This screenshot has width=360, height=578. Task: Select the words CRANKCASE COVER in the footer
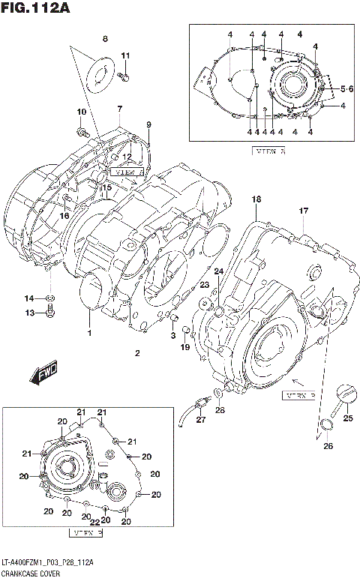tap(33, 572)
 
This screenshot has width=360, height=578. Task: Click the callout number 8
tap(105, 38)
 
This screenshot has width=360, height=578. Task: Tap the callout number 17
tap(304, 211)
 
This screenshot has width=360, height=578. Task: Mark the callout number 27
tap(200, 420)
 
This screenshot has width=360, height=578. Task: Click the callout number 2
tap(136, 352)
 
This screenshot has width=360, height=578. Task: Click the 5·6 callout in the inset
tap(346, 89)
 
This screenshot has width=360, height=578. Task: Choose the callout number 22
tap(95, 523)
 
